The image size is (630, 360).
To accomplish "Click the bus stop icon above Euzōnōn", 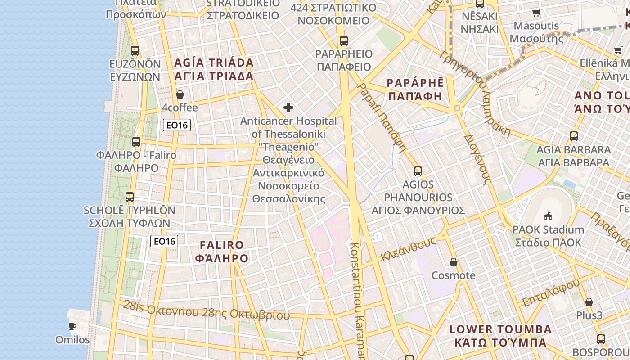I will click(135, 50).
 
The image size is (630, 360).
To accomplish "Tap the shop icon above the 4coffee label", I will click(180, 94).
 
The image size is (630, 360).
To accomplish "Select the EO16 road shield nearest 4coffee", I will click(177, 125).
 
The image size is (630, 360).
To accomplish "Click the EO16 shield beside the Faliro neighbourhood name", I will click(164, 241).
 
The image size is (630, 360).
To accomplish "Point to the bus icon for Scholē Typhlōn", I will click(130, 197).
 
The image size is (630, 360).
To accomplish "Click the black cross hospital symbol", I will click(288, 108).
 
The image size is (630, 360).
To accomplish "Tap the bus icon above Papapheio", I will click(344, 41).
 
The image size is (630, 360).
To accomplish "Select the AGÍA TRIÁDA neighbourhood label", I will click(214, 69).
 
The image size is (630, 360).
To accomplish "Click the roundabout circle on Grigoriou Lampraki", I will click(457, 108).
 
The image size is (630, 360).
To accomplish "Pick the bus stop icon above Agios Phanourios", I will click(418, 171).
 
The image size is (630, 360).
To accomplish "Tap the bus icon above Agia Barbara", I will click(574, 136).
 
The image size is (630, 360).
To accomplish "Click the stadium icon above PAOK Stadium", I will click(548, 216).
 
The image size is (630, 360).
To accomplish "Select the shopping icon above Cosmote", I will click(454, 262).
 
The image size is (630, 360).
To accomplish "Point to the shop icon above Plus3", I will click(589, 302).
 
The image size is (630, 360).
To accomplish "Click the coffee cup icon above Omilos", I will click(72, 326).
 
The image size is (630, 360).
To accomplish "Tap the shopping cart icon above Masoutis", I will click(536, 13).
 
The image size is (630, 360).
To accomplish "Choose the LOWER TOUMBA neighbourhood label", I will click(501, 336).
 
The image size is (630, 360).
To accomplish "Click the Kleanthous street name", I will click(409, 249).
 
